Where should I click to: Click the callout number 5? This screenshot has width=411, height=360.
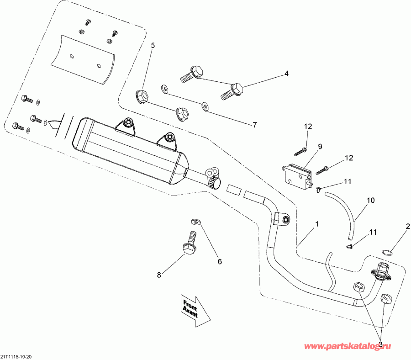click(x=153, y=45)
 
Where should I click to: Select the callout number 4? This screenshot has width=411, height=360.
click(x=286, y=73)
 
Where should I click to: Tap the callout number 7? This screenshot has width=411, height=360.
click(x=255, y=124)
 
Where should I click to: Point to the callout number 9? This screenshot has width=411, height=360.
click(x=320, y=146)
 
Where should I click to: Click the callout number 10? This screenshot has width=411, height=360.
click(x=370, y=200)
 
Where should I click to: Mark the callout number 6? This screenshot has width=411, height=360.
click(x=219, y=262)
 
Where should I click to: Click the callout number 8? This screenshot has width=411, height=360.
click(x=159, y=275)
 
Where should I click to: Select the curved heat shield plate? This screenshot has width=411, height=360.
click(x=82, y=57)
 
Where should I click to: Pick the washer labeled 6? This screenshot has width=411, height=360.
click(x=195, y=222)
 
